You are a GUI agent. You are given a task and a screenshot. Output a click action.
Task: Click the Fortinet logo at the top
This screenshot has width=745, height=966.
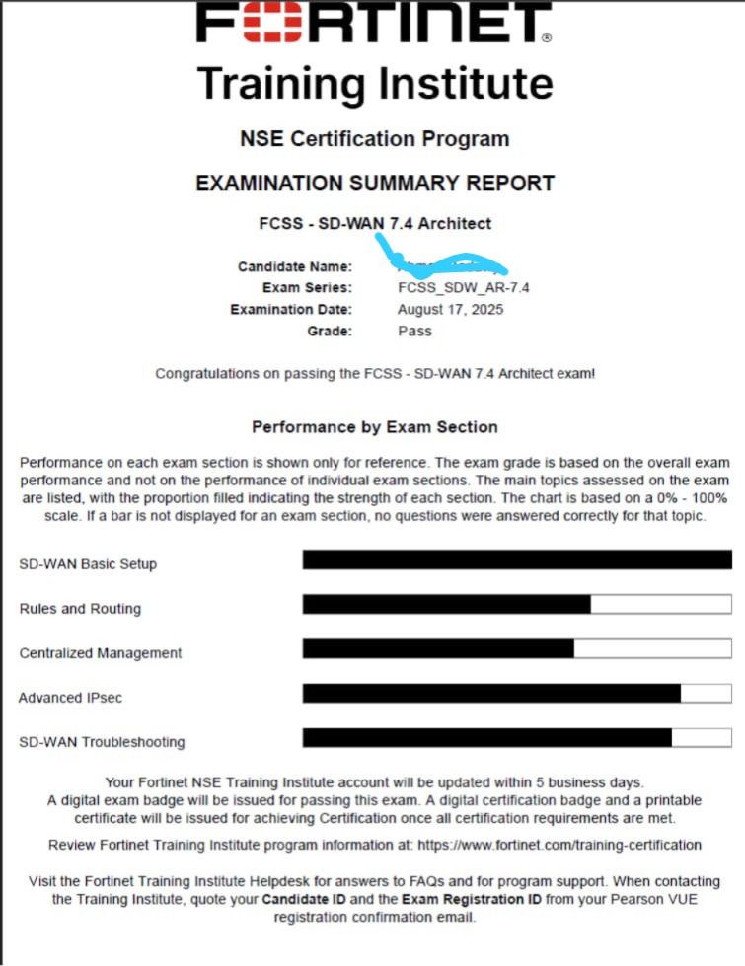tap(374, 24)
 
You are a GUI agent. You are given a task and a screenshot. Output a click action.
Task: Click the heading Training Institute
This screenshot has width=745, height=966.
tap(374, 83)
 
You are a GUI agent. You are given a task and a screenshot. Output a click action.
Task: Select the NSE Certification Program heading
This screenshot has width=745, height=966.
tap(374, 139)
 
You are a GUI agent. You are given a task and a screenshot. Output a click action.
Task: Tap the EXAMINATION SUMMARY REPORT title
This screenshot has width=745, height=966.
tap(375, 184)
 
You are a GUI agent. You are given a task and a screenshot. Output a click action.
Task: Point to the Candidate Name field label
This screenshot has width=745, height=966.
tap(294, 267)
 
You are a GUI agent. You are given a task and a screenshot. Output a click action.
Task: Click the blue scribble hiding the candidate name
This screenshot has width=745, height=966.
tap(449, 264)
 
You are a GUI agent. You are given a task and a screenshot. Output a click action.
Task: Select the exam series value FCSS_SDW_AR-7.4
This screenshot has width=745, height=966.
tap(464, 288)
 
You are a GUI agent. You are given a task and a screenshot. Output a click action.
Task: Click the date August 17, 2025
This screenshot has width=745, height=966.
tap(450, 310)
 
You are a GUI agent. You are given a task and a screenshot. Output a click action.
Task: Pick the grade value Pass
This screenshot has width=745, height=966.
tap(414, 332)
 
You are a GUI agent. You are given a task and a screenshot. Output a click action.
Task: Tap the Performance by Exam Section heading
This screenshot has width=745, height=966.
tap(374, 427)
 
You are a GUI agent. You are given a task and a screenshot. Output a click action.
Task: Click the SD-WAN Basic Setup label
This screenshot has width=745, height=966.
tap(88, 564)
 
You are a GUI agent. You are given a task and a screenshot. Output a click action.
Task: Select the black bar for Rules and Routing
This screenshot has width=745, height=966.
tap(446, 604)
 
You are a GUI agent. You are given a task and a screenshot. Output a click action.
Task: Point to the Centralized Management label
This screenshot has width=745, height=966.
tap(101, 653)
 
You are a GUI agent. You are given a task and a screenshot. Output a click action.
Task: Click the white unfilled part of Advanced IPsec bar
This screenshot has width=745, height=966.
tap(706, 693)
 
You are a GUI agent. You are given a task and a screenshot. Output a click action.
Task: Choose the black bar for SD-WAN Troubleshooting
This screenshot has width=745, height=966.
tap(486, 738)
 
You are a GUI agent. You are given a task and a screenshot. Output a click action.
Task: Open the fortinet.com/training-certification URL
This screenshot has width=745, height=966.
tap(559, 845)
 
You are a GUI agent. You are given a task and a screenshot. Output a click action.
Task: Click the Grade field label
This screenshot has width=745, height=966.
tap(330, 332)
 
